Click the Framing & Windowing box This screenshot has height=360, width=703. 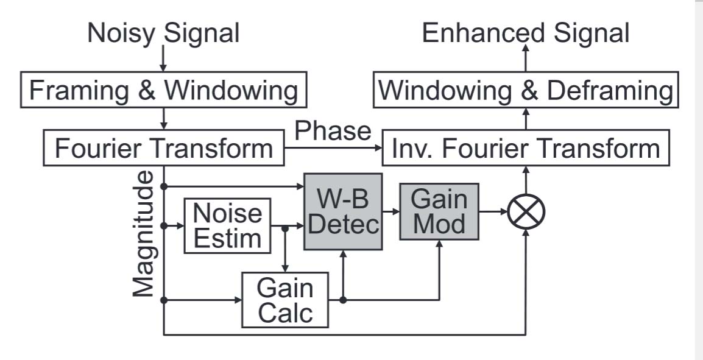[x=163, y=90]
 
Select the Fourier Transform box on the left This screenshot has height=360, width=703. [x=163, y=149]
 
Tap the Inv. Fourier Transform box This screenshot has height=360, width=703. [x=525, y=149]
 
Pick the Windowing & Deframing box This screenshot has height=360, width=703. [x=525, y=91]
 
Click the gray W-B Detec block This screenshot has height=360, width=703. [x=344, y=211]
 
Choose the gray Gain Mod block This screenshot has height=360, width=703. [x=439, y=211]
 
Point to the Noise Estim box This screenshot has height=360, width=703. [x=227, y=225]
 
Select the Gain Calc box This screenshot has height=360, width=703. [x=285, y=300]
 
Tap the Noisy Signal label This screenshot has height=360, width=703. [x=163, y=33]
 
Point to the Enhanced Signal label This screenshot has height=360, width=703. [x=525, y=33]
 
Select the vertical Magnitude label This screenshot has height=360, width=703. [x=144, y=234]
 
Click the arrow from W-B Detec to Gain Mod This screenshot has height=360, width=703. [x=391, y=212]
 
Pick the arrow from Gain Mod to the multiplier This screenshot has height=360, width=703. [x=493, y=212]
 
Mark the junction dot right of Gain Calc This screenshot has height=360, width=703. [x=344, y=300]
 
